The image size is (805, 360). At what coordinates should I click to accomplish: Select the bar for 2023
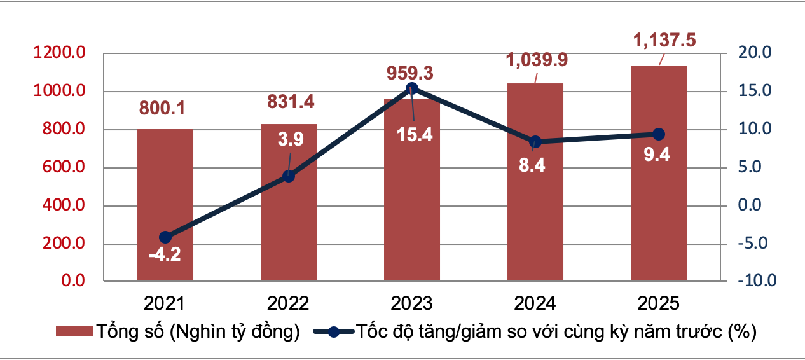tap(412, 191)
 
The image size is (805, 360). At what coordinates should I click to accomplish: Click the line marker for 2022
tap(289, 176)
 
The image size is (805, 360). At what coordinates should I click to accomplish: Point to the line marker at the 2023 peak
tap(412, 88)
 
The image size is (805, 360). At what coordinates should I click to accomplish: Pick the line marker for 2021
tap(165, 237)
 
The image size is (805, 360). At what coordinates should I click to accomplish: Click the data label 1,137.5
tap(664, 41)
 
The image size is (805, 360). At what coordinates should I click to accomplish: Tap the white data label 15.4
tap(414, 134)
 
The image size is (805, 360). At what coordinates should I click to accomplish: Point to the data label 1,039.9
tap(537, 60)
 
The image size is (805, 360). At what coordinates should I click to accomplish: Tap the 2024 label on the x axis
tap(535, 302)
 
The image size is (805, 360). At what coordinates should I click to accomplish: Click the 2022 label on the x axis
tap(289, 302)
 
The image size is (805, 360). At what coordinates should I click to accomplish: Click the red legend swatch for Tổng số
tap(74, 332)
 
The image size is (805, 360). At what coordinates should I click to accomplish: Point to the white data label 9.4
tap(658, 155)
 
